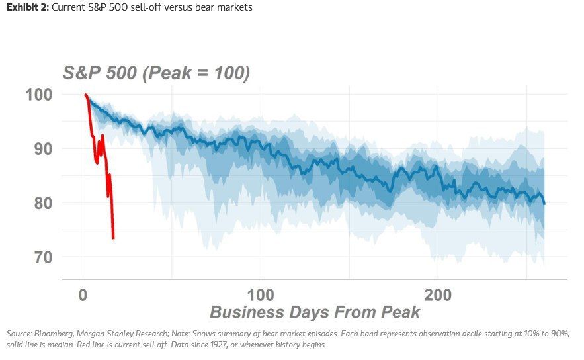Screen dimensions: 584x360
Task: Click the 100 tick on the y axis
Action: pyautogui.click(x=39, y=94)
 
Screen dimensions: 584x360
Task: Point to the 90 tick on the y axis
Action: pyautogui.click(x=43, y=149)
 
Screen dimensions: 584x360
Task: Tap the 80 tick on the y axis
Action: pyautogui.click(x=43, y=203)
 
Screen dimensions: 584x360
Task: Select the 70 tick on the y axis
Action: pyautogui.click(x=43, y=257)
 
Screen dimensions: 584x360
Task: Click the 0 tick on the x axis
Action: pyautogui.click(x=83, y=295)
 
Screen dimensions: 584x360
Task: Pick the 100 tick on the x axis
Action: pyautogui.click(x=261, y=295)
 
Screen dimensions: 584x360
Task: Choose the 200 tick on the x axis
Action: pyautogui.click(x=438, y=295)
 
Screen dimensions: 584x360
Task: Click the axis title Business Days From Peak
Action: pyautogui.click(x=315, y=312)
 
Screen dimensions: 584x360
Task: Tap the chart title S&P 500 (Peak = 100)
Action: pyautogui.click(x=157, y=73)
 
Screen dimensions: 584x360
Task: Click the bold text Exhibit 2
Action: pyautogui.click(x=28, y=7)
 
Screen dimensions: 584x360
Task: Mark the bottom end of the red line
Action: pyautogui.click(x=113, y=238)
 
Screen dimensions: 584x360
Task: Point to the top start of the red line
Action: pyautogui.click(x=85, y=95)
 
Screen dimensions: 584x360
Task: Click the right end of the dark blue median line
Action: pyautogui.click(x=544, y=204)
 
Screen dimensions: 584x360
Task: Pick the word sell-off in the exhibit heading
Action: pyautogui.click(x=146, y=7)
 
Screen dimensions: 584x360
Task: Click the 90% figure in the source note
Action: pyautogui.click(x=562, y=334)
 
